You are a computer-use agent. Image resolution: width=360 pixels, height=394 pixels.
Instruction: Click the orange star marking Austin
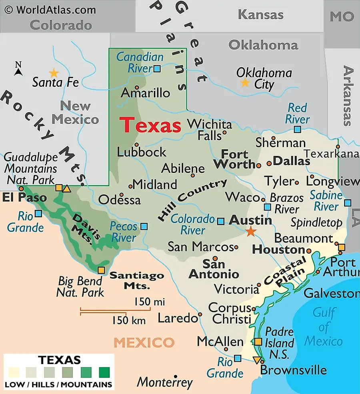[x=251, y=231]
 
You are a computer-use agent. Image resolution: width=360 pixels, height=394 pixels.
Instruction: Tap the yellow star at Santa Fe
[x=53, y=73]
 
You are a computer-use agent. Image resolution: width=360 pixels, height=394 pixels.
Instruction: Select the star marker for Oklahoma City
[x=244, y=83]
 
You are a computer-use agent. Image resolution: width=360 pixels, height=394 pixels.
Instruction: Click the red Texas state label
[x=151, y=125]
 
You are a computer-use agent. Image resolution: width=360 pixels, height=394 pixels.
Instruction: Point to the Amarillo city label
[x=145, y=93]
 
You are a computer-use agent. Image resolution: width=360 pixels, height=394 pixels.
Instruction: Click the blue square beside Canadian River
[x=157, y=69]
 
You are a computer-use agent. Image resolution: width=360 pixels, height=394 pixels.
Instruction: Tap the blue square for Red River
[x=297, y=129]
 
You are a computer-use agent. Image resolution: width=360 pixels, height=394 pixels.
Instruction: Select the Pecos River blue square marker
[x=144, y=226]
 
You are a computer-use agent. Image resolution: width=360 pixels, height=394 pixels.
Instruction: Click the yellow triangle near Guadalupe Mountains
[x=66, y=189]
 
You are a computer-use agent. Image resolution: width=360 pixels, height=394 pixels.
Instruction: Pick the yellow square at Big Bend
[x=101, y=270]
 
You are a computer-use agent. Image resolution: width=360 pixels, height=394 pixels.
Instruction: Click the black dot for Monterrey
[x=175, y=376]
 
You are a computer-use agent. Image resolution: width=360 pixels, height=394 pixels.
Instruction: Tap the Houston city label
[x=278, y=250]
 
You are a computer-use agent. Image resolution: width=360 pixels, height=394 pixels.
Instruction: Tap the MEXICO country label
[x=144, y=342]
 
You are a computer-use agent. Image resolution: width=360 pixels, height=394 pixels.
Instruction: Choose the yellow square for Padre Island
[x=258, y=342]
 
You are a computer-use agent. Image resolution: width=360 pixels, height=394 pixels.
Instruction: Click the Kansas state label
[x=261, y=15]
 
